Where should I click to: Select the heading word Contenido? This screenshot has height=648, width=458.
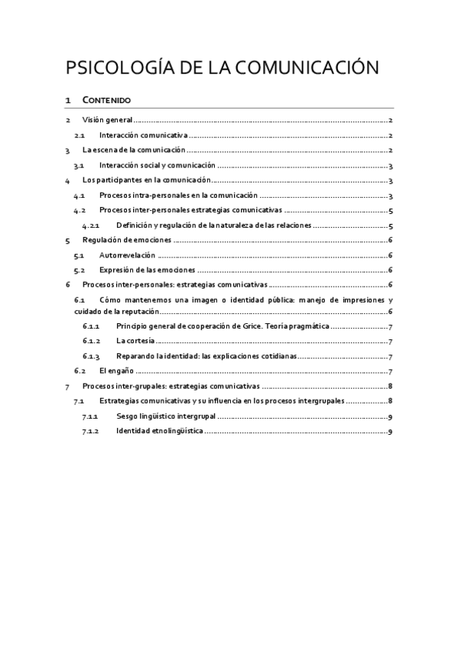[106, 100]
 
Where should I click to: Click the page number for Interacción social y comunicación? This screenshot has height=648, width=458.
[391, 166]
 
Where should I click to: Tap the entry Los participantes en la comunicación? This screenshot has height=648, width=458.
[145, 180]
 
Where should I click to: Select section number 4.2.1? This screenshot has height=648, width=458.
[91, 225]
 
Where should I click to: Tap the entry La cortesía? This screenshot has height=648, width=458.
[135, 342]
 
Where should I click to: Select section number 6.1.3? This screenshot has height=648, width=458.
[91, 356]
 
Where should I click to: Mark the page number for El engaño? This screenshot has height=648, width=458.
[391, 371]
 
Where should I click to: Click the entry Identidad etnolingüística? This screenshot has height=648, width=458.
[159, 432]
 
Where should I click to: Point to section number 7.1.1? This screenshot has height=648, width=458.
[91, 416]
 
